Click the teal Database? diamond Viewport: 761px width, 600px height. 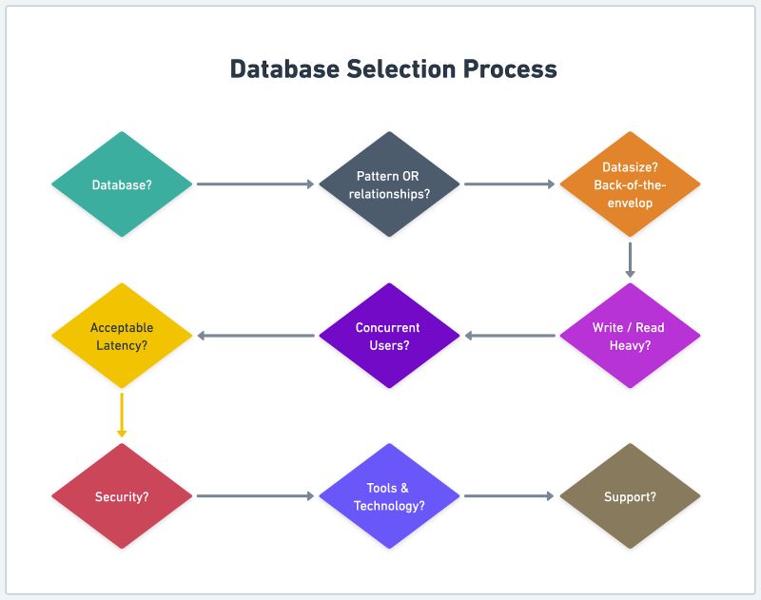(x=122, y=184)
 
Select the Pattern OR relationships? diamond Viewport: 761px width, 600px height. (x=389, y=184)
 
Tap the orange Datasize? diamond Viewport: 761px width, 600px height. (x=630, y=184)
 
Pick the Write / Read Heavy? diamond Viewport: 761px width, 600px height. (x=630, y=336)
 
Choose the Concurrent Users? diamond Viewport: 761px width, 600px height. (x=389, y=336)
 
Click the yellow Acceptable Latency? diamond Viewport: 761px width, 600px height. (x=122, y=336)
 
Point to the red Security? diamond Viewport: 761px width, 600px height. (x=122, y=496)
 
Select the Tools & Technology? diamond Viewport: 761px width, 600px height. (x=389, y=496)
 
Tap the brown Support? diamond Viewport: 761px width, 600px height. (x=630, y=496)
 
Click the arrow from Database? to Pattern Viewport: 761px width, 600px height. (x=255, y=184)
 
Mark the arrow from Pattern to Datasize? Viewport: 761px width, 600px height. (x=509, y=184)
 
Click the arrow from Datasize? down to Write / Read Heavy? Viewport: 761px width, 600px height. (x=630, y=259)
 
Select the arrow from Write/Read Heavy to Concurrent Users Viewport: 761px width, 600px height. (x=510, y=336)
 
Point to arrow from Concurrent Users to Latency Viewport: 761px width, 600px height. (x=255, y=336)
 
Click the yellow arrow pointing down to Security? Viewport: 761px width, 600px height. (x=122, y=415)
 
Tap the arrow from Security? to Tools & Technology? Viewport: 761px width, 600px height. (x=255, y=496)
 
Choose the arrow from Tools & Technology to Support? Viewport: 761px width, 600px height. (x=509, y=496)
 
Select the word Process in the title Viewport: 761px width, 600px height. (x=511, y=69)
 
